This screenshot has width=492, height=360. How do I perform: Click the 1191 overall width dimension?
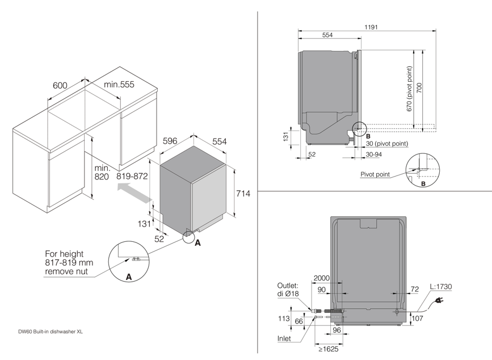point(371,27)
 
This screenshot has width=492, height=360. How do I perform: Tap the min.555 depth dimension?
point(119,85)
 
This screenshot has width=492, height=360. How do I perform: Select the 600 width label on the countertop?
point(60,85)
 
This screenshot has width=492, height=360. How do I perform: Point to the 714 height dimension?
point(243,194)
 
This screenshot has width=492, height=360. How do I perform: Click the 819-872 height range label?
point(132,176)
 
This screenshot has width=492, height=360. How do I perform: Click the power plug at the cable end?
point(438,307)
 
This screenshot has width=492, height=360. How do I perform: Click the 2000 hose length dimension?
point(321,278)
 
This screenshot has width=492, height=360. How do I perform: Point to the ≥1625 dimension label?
point(329,349)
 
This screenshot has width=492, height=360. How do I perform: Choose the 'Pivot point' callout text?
point(375,174)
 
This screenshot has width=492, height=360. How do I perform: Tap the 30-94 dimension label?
point(374,154)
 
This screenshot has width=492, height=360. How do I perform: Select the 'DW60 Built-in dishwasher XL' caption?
point(47,332)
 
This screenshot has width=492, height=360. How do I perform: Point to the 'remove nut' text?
point(68,273)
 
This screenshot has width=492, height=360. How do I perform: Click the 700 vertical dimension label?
point(420,89)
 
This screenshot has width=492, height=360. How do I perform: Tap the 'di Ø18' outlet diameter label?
point(288,294)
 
